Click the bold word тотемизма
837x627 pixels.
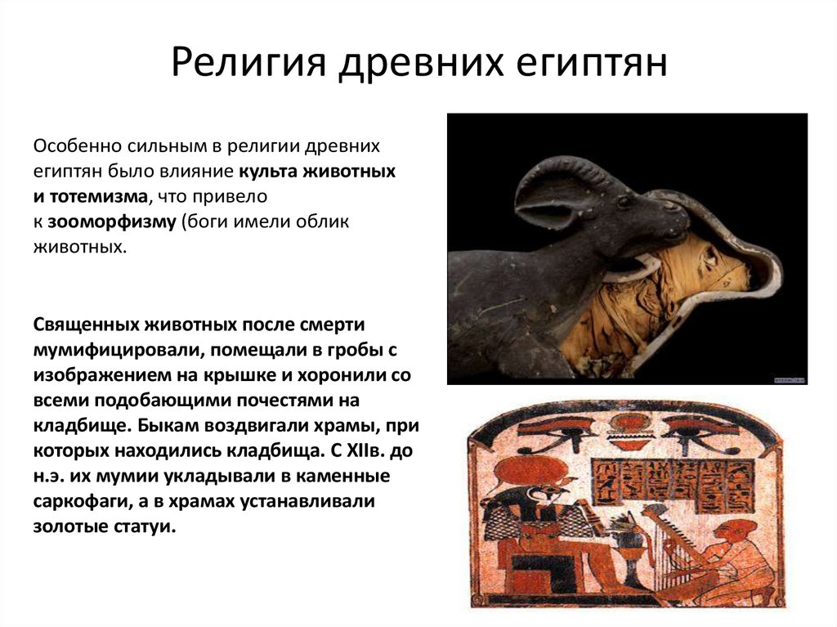point(98,196)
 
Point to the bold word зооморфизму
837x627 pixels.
point(111,222)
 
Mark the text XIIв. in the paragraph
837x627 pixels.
point(365,451)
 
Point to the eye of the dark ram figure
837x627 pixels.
point(624,202)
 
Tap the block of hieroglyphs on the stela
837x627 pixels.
point(674,483)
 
